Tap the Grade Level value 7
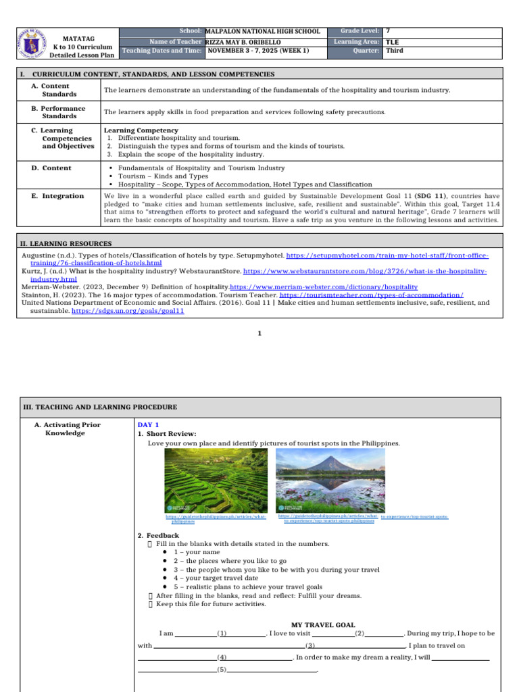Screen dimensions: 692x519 pos(387,31)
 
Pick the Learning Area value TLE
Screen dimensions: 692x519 pos(391,42)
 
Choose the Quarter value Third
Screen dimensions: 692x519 pos(394,51)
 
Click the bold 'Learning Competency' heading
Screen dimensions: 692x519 pos(141,130)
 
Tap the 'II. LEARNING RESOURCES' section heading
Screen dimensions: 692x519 pos(67,243)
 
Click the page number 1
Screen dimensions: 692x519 pos(259,333)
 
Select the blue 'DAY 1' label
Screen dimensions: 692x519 pos(148,424)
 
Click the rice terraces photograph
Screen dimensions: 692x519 pos(216,479)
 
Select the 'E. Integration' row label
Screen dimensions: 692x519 pos(57,196)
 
